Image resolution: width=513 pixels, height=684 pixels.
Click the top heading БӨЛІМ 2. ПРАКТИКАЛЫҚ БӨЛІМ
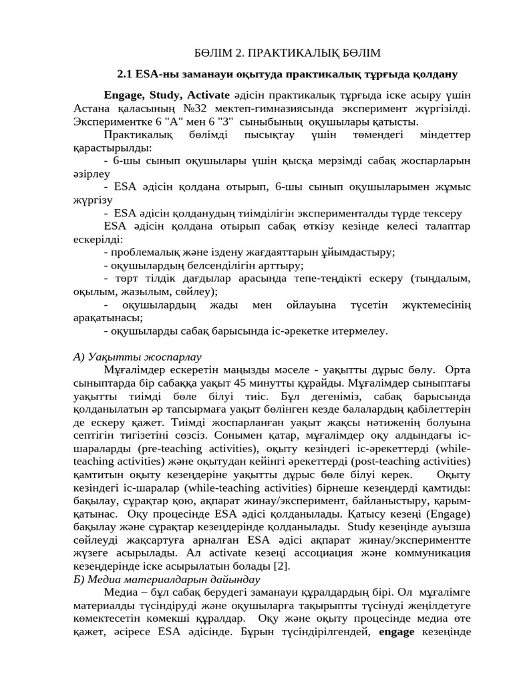[287, 53]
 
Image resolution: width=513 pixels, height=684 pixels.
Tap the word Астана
[92, 108]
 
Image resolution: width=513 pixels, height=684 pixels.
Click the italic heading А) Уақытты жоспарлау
[137, 357]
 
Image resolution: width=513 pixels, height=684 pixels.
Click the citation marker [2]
[283, 566]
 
